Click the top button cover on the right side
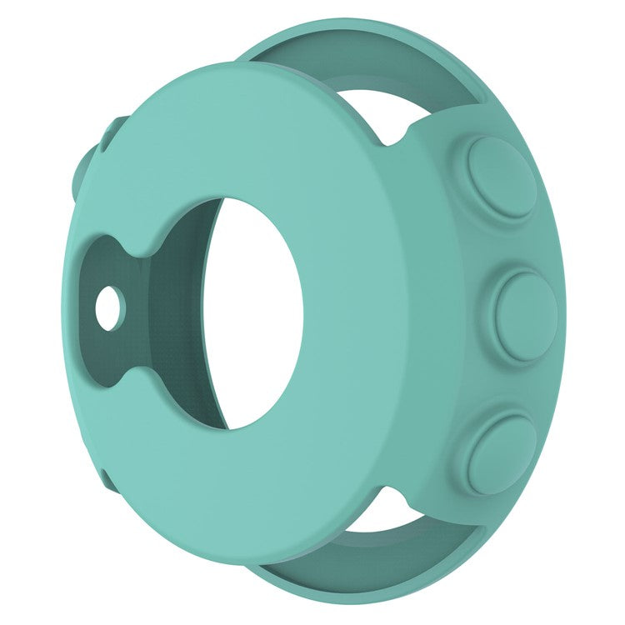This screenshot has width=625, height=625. tap(501, 177)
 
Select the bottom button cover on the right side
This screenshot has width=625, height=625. tap(501, 453)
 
